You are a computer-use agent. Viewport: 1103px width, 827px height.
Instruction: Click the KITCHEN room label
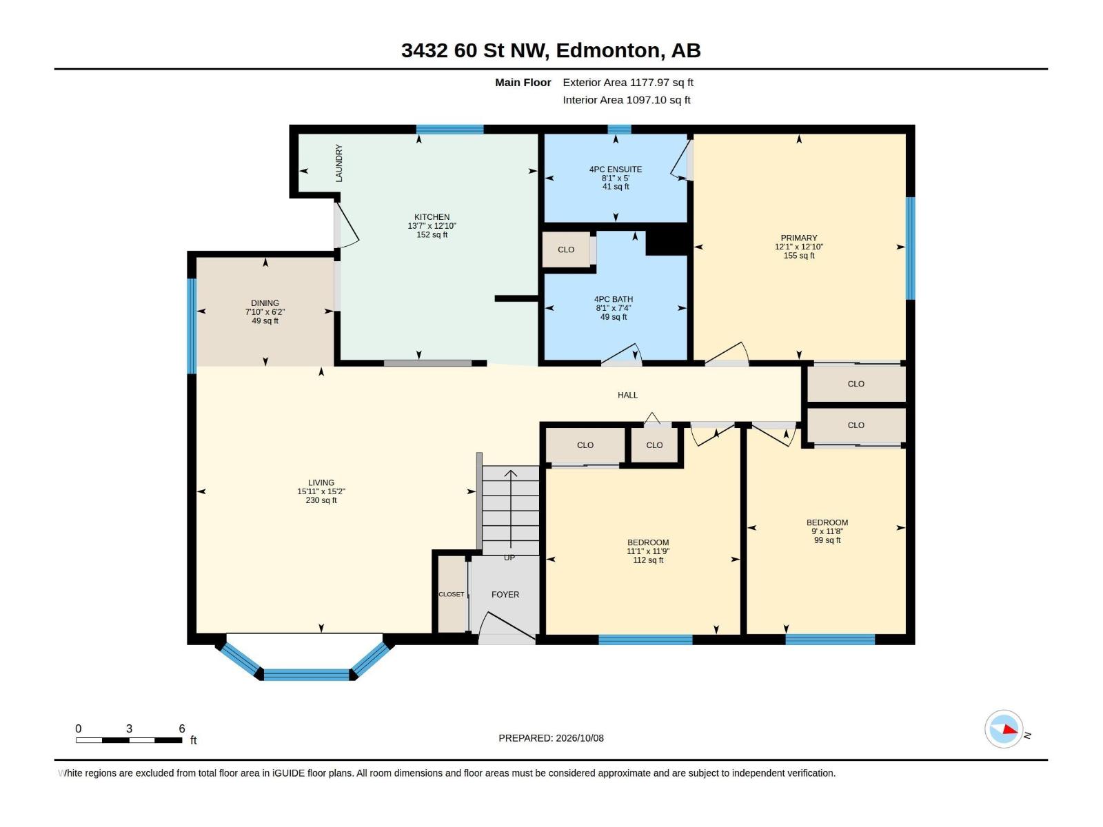[432, 217]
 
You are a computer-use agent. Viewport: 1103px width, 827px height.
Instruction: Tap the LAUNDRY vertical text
[339, 163]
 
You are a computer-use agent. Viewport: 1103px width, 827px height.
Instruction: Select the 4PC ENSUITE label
[616, 170]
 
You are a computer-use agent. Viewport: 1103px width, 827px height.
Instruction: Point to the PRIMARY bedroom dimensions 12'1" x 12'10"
[799, 247]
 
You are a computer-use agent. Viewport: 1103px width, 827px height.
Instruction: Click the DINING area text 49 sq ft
[265, 321]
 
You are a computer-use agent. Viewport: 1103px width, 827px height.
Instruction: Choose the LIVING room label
[321, 482]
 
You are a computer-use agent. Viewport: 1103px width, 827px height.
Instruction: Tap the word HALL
[627, 395]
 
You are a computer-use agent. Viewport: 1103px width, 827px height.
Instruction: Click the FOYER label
[505, 595]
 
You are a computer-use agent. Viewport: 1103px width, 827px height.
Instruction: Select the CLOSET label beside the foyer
[452, 594]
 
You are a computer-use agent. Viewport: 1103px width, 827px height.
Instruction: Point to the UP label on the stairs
[509, 558]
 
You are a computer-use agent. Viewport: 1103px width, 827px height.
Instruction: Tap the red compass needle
[1009, 729]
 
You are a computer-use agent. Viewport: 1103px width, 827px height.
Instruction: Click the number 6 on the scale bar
[182, 728]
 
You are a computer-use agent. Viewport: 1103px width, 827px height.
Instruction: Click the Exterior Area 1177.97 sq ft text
[628, 82]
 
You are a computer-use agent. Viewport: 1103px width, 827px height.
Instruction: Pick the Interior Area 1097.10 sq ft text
[627, 100]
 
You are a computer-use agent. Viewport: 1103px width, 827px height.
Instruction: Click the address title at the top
[551, 50]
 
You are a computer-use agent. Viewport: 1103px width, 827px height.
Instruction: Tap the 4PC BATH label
[614, 299]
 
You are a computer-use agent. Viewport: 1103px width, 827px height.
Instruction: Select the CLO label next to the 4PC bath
[566, 249]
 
